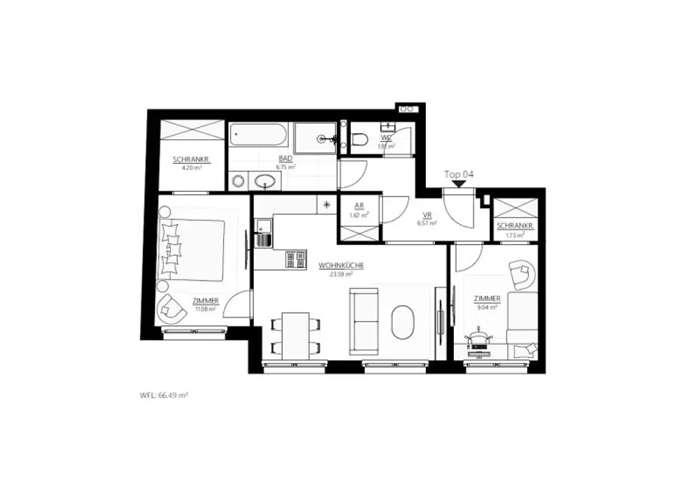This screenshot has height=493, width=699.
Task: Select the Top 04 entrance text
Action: coord(459,174)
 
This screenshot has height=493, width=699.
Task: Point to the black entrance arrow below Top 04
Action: coord(459,183)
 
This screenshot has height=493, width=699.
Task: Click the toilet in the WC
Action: coord(360,140)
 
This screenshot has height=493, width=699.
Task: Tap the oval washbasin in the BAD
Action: coord(265,182)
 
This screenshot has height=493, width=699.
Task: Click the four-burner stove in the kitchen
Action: coord(296,259)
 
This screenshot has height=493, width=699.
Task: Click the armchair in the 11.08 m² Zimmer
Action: coord(171,311)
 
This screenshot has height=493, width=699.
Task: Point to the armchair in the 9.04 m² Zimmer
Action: coord(523,274)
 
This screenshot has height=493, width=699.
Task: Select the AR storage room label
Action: coord(359,207)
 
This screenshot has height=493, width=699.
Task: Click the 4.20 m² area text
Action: coord(190,167)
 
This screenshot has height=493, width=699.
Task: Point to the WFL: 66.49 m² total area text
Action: coord(164,395)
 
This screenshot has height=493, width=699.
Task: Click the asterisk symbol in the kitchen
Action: coord(326,204)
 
